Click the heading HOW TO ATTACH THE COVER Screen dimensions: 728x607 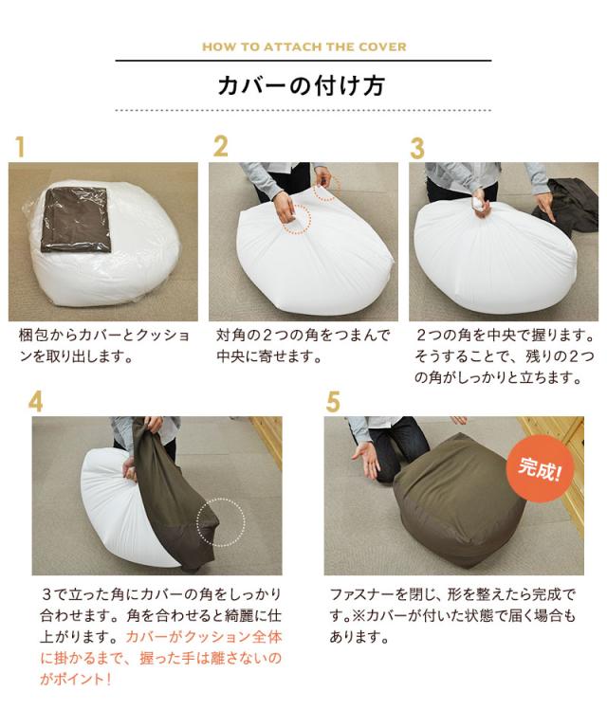click(x=303, y=46)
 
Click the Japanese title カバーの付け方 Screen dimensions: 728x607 click(x=303, y=85)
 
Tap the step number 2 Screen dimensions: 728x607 click(x=221, y=147)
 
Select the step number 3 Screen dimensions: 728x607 click(x=417, y=148)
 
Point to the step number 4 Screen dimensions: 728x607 click(x=35, y=401)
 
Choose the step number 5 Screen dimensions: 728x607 click(x=332, y=402)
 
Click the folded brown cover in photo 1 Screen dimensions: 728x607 click(x=79, y=217)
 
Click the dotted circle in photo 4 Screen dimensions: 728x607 click(x=221, y=521)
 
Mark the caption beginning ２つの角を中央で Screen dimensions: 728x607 click(x=503, y=356)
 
